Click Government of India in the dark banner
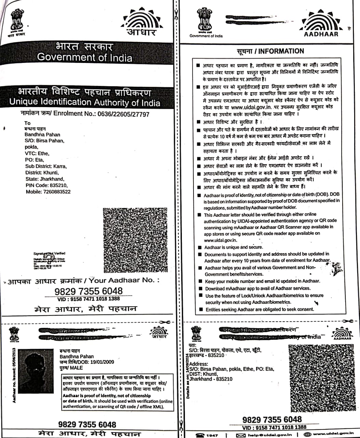[x=84, y=57]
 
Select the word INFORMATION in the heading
[x=281, y=51]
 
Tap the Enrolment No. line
[x=85, y=114]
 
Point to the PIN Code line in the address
[x=46, y=185]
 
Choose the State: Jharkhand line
[x=44, y=179]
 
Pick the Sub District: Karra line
[x=46, y=166]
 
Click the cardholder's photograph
[x=36, y=371]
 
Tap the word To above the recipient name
[x=27, y=123]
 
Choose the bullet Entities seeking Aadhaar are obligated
[x=259, y=309]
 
